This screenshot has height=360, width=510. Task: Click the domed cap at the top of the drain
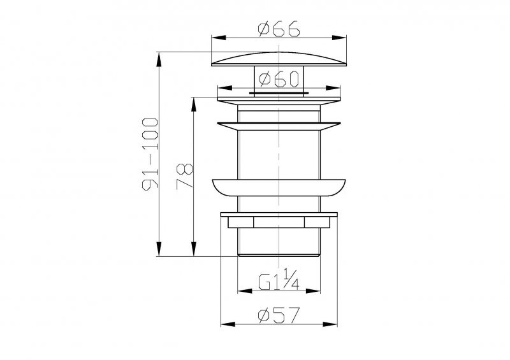(x=280, y=59)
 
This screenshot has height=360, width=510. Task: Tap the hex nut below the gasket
(x=279, y=221)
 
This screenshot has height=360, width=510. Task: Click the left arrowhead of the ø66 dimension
(x=215, y=40)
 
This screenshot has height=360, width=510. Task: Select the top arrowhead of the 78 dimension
(x=194, y=101)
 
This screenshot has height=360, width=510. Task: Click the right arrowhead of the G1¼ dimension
(x=317, y=291)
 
